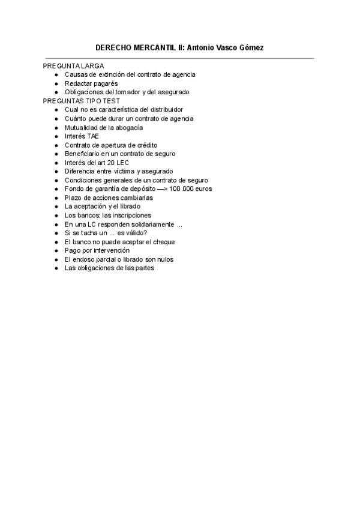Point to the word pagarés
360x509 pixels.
point(105,83)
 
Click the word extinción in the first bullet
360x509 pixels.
point(118,74)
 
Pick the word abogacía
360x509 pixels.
point(128,127)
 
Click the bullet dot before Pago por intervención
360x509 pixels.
point(56,251)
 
